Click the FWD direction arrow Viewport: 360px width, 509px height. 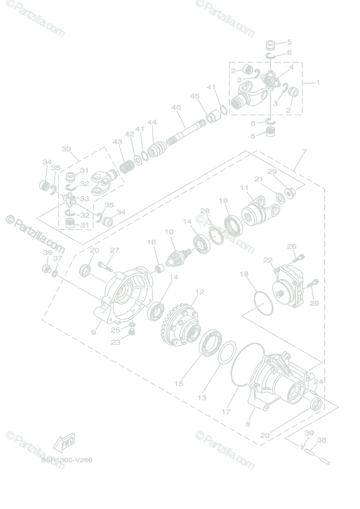point(64,443)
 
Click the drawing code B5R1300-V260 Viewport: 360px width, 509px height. point(67,460)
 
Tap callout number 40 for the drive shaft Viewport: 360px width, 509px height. point(176,108)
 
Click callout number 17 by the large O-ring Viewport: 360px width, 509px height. point(226,411)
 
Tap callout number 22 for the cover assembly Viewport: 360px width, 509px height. point(267,260)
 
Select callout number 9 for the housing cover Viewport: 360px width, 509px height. point(93,333)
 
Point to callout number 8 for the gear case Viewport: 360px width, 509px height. point(248,423)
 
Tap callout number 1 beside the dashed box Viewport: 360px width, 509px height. point(318,82)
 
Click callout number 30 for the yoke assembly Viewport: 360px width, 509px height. point(66,149)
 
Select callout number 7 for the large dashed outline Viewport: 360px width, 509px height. point(304,151)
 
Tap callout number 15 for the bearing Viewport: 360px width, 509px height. point(179,383)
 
